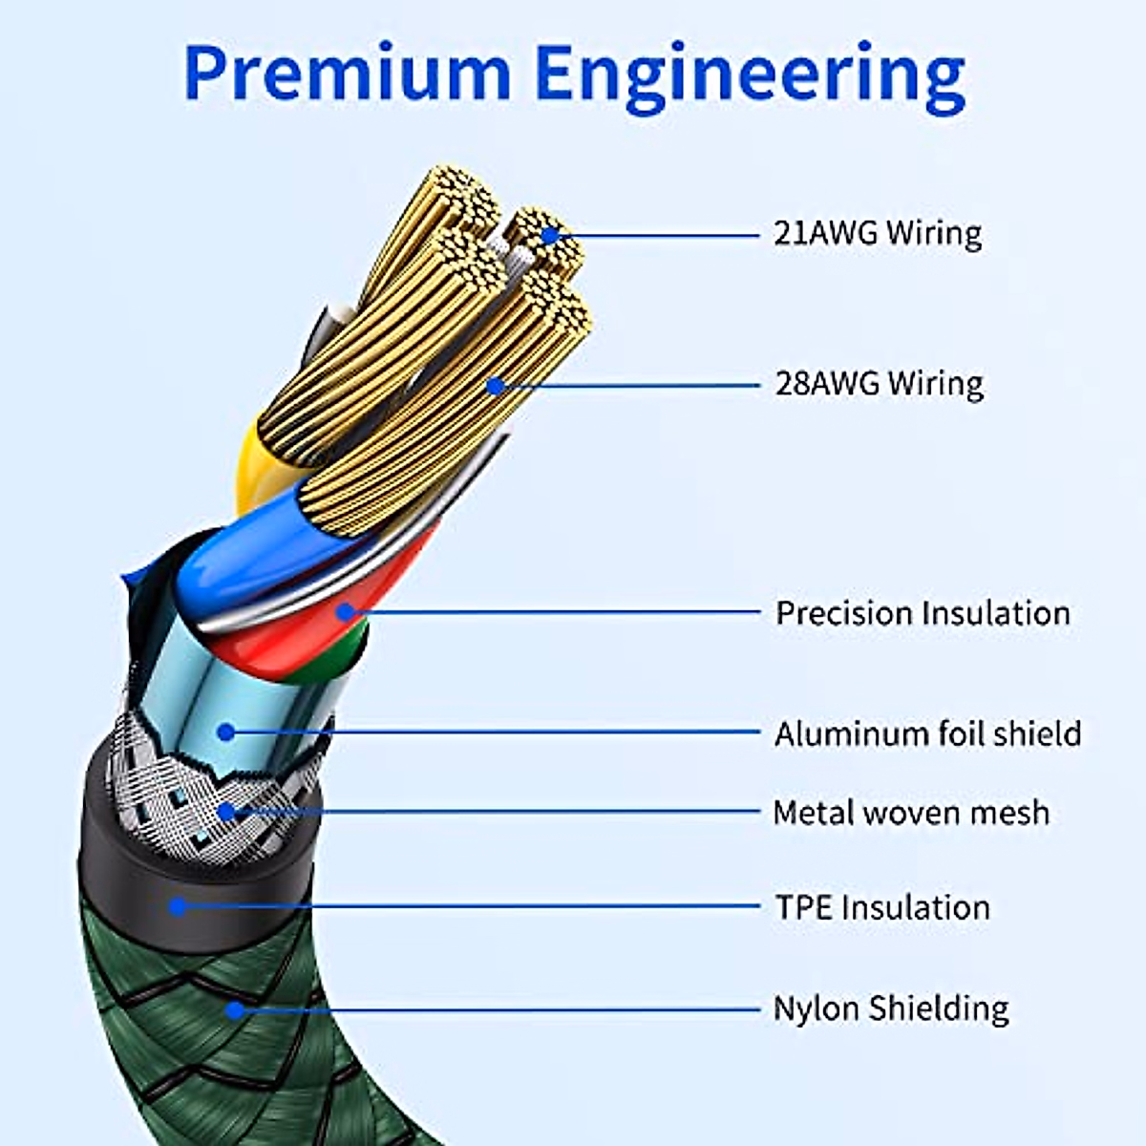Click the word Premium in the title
point(348,72)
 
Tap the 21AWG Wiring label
point(878,234)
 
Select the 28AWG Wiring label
point(879,384)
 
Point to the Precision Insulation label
point(923,612)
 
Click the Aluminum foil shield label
point(927,733)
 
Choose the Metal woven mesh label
point(911,813)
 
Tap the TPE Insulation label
point(882,907)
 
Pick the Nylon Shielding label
point(890,1008)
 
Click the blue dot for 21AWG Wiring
point(550,236)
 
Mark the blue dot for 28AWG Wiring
point(496,387)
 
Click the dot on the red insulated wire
point(345,612)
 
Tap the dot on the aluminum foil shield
point(226,732)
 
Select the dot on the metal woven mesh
point(226,812)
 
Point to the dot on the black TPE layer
point(177,907)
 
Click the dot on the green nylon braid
point(235,1009)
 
